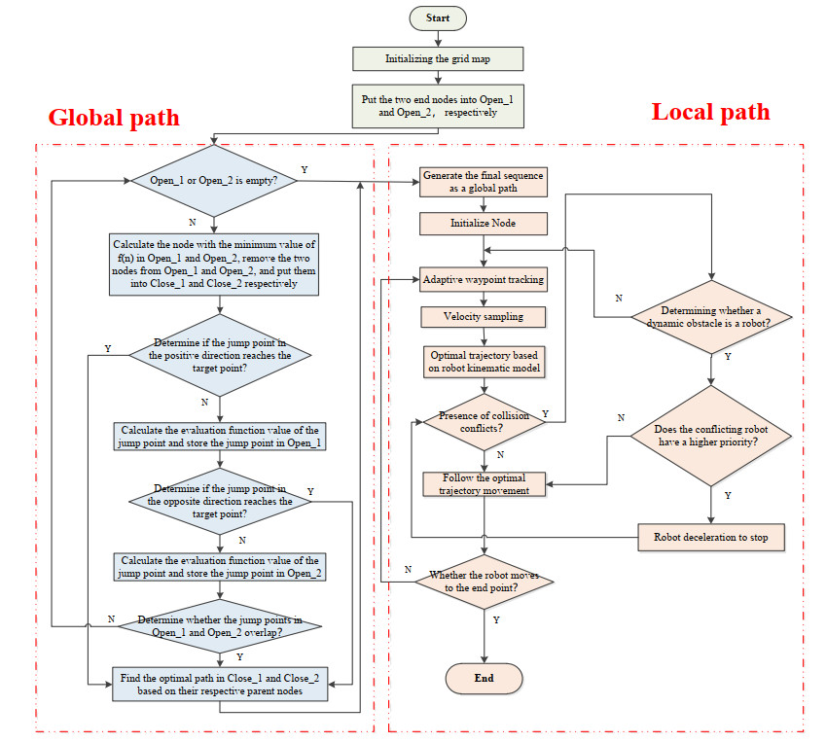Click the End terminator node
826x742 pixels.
484,678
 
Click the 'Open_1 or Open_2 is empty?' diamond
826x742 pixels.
215,182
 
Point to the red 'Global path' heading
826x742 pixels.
114,119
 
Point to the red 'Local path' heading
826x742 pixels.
710,112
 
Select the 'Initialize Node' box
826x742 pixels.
484,223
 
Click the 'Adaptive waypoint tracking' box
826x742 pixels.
484,280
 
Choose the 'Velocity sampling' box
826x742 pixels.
484,317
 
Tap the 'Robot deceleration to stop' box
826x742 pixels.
711,536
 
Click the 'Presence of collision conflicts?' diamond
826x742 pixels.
484,421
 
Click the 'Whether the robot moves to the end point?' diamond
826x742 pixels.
484,582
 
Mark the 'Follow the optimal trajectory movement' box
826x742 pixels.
484,483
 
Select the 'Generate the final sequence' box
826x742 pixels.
484,182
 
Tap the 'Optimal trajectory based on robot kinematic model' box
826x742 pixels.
484,361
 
